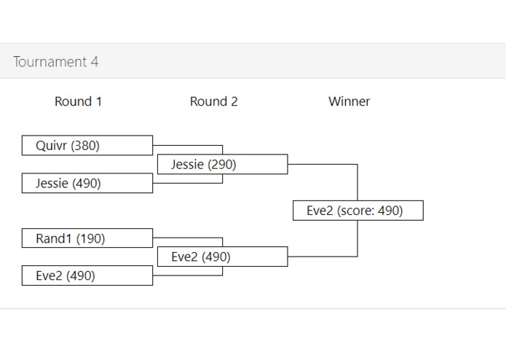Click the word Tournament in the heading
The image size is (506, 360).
[x=50, y=62]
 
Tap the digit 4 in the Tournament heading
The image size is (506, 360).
[x=95, y=62]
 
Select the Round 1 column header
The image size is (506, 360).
[x=78, y=101]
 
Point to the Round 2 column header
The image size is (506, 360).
[x=213, y=101]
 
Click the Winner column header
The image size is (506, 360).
[x=349, y=101]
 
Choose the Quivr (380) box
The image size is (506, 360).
[x=87, y=146]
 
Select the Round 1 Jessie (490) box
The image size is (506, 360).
[x=87, y=184]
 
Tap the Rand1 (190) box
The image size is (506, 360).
[x=87, y=238]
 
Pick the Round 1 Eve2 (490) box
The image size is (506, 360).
[x=87, y=276]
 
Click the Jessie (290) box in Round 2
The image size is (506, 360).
[x=222, y=165]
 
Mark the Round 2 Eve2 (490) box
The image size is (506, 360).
[x=222, y=257]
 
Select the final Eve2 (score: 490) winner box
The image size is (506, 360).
[x=357, y=211]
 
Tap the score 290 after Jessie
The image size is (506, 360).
[x=222, y=165]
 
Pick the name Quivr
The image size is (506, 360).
[x=52, y=146]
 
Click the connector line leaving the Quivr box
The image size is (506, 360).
[x=188, y=146]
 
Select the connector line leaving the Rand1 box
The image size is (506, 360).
[x=188, y=238]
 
